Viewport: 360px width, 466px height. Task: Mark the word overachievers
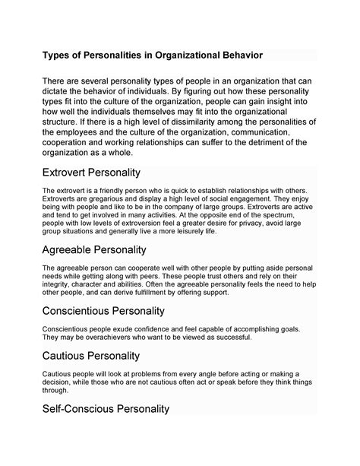[x=106, y=338]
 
